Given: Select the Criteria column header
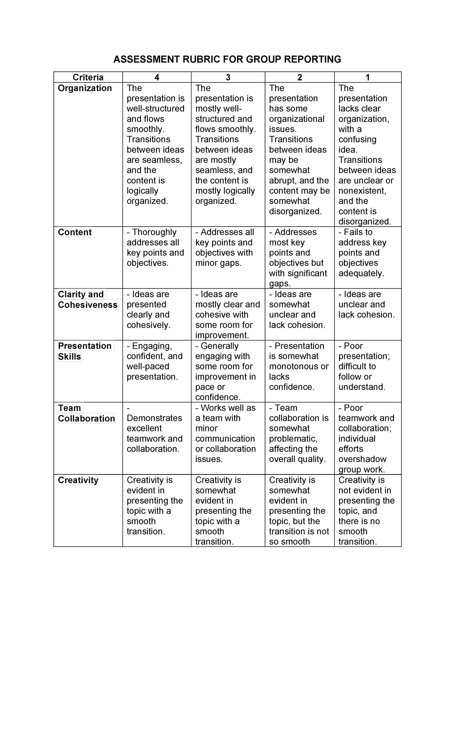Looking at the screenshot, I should tap(88, 77).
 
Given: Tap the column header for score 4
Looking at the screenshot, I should tap(157, 77).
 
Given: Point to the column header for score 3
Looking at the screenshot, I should tap(228, 77).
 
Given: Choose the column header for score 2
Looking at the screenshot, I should tap(300, 77).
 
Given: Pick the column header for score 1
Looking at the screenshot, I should tap(367, 77).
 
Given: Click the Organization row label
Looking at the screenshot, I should tap(85, 88).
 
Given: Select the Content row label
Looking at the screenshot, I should tap(75, 232).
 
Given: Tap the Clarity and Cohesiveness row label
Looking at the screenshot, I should tap(88, 299).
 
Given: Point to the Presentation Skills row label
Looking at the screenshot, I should tap(85, 351).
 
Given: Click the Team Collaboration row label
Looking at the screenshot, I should tap(86, 413).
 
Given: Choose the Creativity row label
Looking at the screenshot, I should tap(78, 480).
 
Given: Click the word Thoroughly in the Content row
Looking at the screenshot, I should tap(154, 232).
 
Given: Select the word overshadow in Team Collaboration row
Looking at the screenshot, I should tap(362, 459).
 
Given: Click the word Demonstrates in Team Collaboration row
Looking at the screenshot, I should tap(154, 418).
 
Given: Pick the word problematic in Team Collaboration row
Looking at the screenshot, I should tap(292, 439).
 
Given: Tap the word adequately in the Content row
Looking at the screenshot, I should tap(361, 273).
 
